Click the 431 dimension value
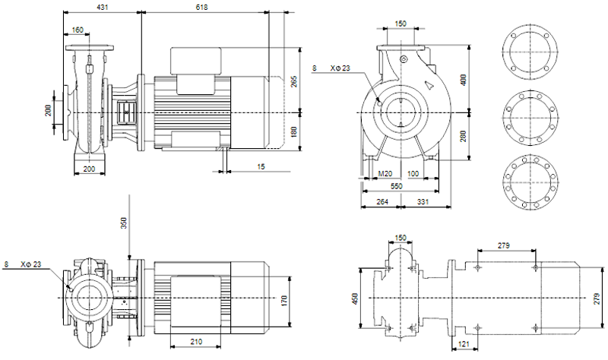103,7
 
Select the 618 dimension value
201,7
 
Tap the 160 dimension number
78,30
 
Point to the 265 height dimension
294,81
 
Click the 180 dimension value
294,131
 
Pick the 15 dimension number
261,166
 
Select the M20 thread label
385,174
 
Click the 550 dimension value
396,186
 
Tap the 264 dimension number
382,201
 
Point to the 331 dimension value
423,201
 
